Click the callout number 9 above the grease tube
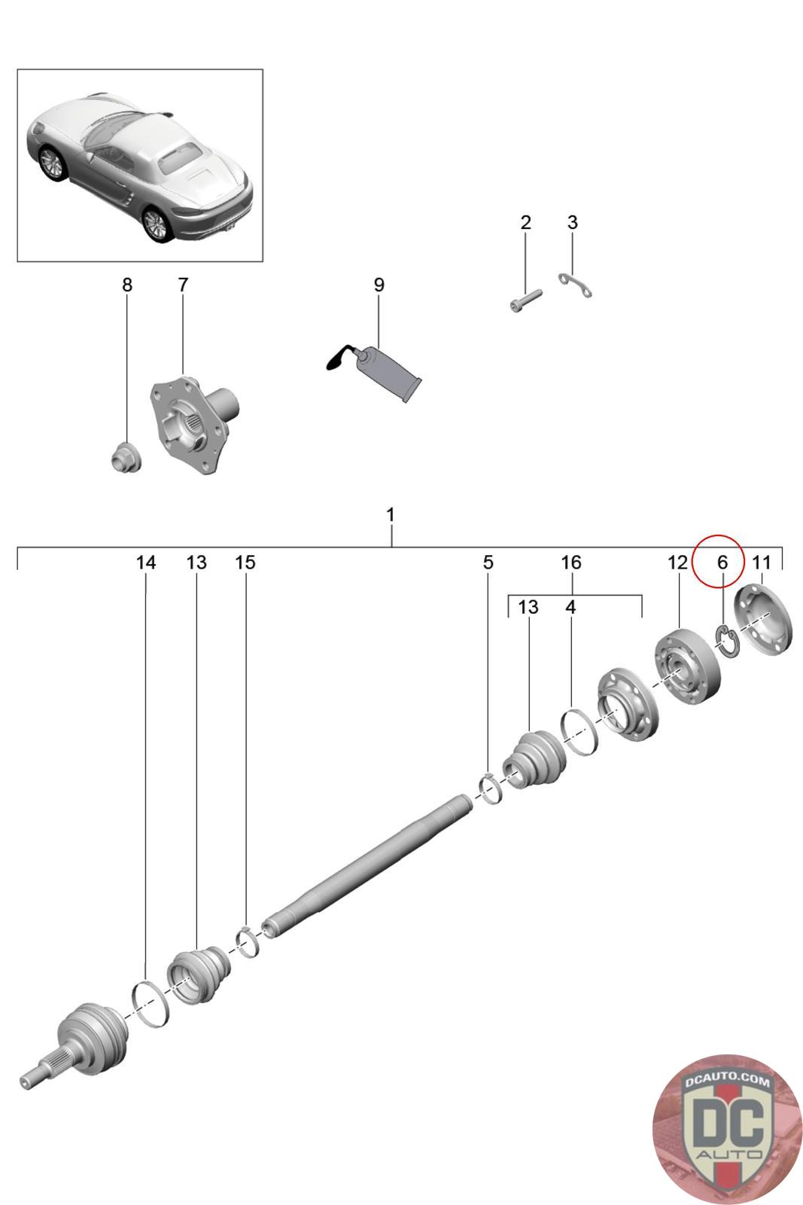point(379,285)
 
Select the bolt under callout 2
point(525,301)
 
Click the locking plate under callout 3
point(577,285)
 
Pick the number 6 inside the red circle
point(722,562)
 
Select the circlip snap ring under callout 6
point(725,641)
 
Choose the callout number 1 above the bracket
point(390,515)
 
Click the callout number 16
point(571,562)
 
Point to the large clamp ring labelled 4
point(580,731)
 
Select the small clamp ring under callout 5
point(490,789)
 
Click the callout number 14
point(146,562)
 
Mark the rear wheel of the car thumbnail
point(156,224)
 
